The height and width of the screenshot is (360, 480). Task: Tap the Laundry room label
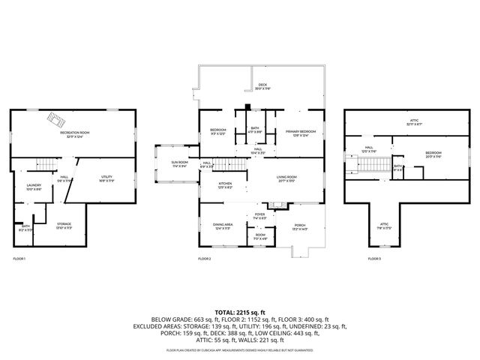tap(33, 187)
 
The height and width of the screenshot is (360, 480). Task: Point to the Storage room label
tap(64, 224)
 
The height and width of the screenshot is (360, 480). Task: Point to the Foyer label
tap(260, 215)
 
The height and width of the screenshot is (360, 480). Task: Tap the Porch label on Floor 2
tap(300, 226)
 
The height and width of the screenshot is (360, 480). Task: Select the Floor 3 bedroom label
tap(433, 154)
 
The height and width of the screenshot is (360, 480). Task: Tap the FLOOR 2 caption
tap(205, 258)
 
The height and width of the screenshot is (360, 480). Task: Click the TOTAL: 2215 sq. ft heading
tap(240, 310)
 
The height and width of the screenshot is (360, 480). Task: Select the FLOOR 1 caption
tap(19, 258)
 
